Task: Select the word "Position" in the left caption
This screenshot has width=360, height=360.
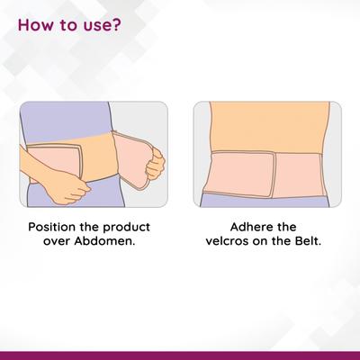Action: click(52, 227)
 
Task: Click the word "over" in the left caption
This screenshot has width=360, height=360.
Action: click(57, 242)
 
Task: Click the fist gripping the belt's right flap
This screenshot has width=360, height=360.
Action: click(155, 165)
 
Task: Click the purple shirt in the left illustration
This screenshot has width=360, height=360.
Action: click(66, 120)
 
